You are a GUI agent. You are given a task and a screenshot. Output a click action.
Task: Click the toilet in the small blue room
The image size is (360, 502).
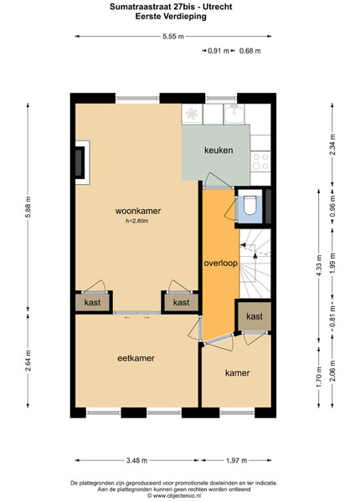(249, 205)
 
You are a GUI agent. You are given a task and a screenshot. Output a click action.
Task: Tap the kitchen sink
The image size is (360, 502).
(234, 114)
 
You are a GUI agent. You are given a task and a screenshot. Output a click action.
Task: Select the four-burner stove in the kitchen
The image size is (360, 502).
(260, 161)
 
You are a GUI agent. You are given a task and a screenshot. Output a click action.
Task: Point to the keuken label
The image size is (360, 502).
(219, 150)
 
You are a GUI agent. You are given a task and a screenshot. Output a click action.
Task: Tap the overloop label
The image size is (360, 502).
(221, 264)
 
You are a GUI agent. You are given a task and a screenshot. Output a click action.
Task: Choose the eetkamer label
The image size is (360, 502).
(136, 358)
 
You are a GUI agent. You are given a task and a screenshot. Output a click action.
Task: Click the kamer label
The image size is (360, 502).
(237, 373)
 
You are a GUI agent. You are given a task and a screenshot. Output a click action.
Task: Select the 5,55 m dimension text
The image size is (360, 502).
(173, 37)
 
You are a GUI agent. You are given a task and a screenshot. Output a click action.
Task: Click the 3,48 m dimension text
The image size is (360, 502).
(136, 461)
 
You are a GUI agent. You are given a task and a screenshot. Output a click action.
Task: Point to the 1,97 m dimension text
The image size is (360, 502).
(237, 461)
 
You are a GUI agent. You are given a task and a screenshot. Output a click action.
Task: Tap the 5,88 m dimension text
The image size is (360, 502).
(28, 207)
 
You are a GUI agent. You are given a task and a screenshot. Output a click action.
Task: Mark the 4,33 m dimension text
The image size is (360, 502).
(319, 266)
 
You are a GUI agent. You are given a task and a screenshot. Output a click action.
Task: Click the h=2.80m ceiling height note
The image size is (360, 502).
(137, 221)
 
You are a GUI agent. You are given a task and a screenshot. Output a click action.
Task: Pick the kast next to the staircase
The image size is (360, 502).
(255, 316)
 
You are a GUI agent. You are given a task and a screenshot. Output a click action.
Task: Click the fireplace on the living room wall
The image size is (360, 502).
(82, 162)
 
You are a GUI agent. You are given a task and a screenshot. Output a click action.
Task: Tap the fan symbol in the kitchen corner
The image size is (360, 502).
(192, 114)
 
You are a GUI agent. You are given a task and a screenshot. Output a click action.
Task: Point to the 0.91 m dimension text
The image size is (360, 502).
(219, 50)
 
